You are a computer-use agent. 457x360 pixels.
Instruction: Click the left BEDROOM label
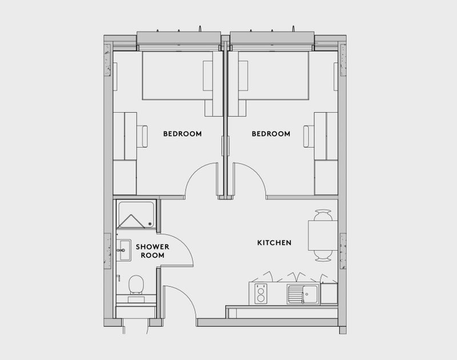coord(182,134)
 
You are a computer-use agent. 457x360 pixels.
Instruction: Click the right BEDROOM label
coord(271,134)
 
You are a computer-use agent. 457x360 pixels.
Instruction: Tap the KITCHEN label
coord(274,242)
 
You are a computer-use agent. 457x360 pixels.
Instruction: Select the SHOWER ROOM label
coord(153,251)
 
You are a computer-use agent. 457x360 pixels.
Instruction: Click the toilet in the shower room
coord(136,285)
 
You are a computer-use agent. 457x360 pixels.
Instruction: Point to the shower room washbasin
coord(124,250)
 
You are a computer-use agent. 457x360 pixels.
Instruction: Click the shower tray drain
coord(150,224)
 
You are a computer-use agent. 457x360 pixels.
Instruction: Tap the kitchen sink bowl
coord(310,294)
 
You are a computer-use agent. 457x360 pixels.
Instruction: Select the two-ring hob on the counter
coord(261,294)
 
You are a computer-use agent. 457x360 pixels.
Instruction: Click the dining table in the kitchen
coord(323,235)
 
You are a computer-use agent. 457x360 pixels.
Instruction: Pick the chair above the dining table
coord(323,215)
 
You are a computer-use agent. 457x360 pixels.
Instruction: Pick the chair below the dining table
coord(323,255)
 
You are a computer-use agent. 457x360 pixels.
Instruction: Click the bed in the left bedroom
coord(178,75)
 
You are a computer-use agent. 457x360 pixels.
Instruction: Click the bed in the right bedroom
coord(274,75)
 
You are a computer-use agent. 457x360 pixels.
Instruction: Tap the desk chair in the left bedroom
coord(142,137)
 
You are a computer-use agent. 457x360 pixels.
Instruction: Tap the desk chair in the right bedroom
coord(308,137)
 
